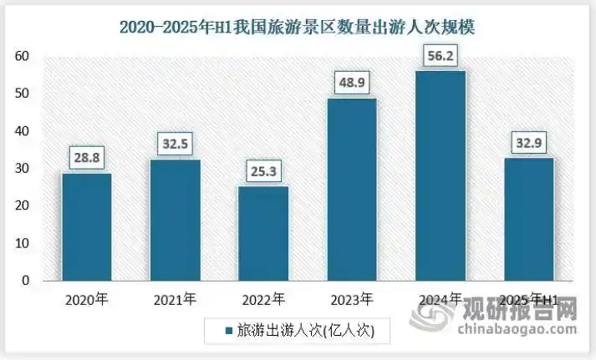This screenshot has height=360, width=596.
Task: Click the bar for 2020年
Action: (x=87, y=226)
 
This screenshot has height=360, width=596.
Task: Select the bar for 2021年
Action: (x=176, y=220)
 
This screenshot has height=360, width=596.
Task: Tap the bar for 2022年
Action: (x=263, y=233)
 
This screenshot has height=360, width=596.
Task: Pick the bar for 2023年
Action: (x=352, y=190)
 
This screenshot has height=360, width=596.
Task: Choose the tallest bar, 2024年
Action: (x=441, y=175)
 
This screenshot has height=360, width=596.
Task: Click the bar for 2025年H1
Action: (x=528, y=219)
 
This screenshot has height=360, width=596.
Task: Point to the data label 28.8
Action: (x=87, y=156)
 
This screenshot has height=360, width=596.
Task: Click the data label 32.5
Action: (x=176, y=143)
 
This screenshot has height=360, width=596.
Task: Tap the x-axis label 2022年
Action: (x=263, y=298)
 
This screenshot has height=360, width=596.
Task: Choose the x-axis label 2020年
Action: (x=87, y=298)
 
